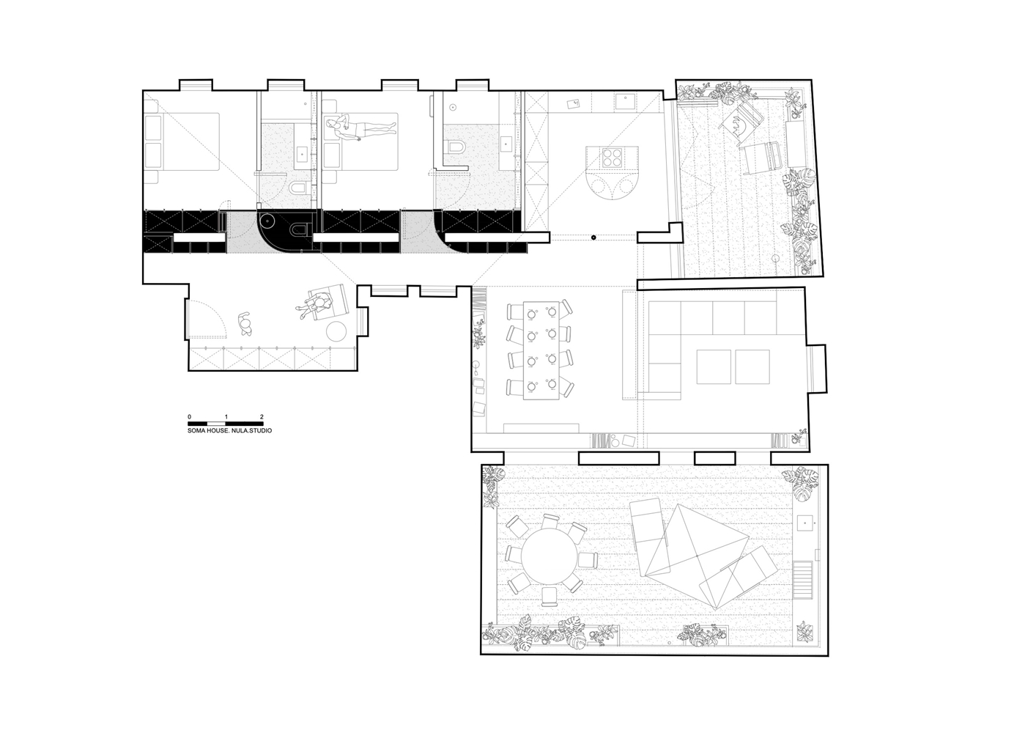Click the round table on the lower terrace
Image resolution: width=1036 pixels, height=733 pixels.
(550, 556)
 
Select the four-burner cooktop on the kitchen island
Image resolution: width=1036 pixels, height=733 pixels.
(613, 158)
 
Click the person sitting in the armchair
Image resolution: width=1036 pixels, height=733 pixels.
(316, 304)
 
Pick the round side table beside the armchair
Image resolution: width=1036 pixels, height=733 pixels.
(337, 332)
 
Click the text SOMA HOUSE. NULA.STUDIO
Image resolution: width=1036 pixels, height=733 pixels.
(229, 430)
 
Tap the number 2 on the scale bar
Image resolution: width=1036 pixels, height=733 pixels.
(262, 416)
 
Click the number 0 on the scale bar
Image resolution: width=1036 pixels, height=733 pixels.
(189, 416)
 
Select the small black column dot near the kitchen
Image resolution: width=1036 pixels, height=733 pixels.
(593, 237)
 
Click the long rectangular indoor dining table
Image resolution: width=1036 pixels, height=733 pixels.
(541, 350)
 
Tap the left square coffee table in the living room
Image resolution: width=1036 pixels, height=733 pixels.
(714, 366)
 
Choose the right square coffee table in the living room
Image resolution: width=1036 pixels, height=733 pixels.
(752, 366)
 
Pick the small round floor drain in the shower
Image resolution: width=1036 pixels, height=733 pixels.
(454, 107)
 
